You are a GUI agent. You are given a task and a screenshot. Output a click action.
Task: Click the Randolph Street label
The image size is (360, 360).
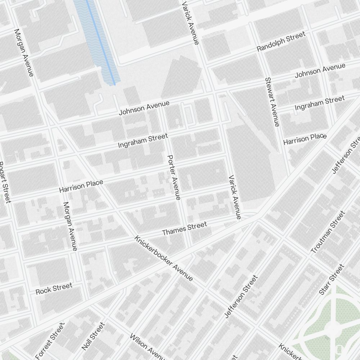pyautogui.click(x=281, y=41)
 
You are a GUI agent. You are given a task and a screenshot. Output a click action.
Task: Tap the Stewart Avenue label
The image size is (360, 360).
pyautogui.click(x=272, y=102)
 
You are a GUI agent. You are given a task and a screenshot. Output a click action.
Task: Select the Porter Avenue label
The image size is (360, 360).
pyautogui.click(x=174, y=177)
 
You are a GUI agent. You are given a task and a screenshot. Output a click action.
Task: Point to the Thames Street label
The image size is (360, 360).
pyautogui.click(x=184, y=229)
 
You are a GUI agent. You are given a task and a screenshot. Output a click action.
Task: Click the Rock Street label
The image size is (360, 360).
pyautogui.click(x=54, y=289)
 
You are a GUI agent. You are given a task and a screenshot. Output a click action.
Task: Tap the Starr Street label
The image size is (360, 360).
pyautogui.click(x=332, y=280)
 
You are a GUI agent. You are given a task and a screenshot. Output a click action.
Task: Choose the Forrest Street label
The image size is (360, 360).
pyautogui.click(x=50, y=340)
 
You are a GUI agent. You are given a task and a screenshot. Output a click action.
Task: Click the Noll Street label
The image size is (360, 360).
pyautogui.click(x=93, y=336)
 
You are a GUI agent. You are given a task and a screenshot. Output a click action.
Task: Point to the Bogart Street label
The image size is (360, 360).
pyautogui.click(x=4, y=182)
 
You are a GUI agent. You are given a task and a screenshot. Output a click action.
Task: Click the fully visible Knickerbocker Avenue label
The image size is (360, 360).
pyautogui.click(x=164, y=258)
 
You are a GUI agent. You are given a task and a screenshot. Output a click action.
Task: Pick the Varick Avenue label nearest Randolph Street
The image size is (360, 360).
pyautogui.click(x=190, y=22)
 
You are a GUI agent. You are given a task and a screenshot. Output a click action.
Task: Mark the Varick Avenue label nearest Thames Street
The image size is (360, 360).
pyautogui.click(x=234, y=197)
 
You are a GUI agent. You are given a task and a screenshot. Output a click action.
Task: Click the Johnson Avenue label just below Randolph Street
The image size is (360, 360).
pyautogui.click(x=320, y=71)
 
